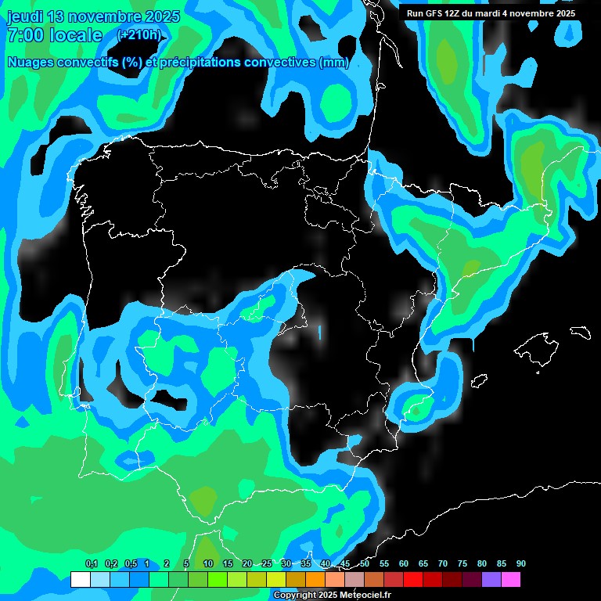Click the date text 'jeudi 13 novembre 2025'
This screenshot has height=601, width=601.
[93, 16]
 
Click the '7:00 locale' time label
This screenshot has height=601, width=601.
[55, 35]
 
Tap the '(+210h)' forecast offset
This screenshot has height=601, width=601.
[139, 35]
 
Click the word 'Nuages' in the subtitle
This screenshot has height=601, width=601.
[32, 63]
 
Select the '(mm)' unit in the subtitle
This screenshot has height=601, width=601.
[334, 63]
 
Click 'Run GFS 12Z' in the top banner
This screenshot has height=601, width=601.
[433, 13]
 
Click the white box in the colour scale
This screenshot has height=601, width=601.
[80, 579]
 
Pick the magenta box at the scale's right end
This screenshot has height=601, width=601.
[511, 579]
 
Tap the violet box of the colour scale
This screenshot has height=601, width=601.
[491, 579]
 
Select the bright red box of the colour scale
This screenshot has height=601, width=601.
[413, 579]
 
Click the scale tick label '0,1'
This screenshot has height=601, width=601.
[92, 564]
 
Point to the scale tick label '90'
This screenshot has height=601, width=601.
[521, 564]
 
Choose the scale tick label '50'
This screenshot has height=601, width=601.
[365, 564]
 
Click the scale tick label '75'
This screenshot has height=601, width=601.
[462, 564]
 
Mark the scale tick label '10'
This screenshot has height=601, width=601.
[208, 564]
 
